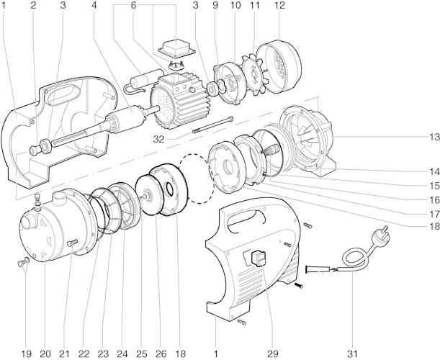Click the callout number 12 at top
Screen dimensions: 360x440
[279, 6]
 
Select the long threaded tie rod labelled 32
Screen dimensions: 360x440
[213, 127]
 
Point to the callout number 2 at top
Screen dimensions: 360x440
[33, 6]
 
